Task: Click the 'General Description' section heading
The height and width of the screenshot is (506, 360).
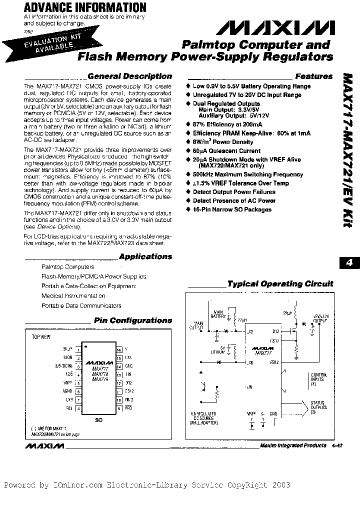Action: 129,76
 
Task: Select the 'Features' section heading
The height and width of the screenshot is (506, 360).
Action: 313,76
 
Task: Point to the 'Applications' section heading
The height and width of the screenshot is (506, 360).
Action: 145,256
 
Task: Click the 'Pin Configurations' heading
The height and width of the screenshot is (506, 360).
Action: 133,320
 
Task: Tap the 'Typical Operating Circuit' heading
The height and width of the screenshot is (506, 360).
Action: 280,283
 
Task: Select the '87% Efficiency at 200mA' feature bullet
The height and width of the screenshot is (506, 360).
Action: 227,124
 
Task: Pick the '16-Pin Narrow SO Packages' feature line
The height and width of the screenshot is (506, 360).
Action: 232,209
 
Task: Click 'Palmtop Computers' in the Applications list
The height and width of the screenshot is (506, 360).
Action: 67,267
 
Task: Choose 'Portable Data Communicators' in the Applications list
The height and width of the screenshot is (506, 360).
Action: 81,305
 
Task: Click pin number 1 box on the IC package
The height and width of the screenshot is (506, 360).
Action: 78,349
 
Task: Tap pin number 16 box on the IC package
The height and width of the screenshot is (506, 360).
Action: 118,349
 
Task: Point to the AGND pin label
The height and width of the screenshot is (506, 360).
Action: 68,391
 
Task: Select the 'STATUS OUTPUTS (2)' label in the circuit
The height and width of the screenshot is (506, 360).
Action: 318,405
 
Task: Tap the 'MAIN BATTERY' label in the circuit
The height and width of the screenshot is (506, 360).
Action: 217,314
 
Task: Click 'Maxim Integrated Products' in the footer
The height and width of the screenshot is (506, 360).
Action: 293,446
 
